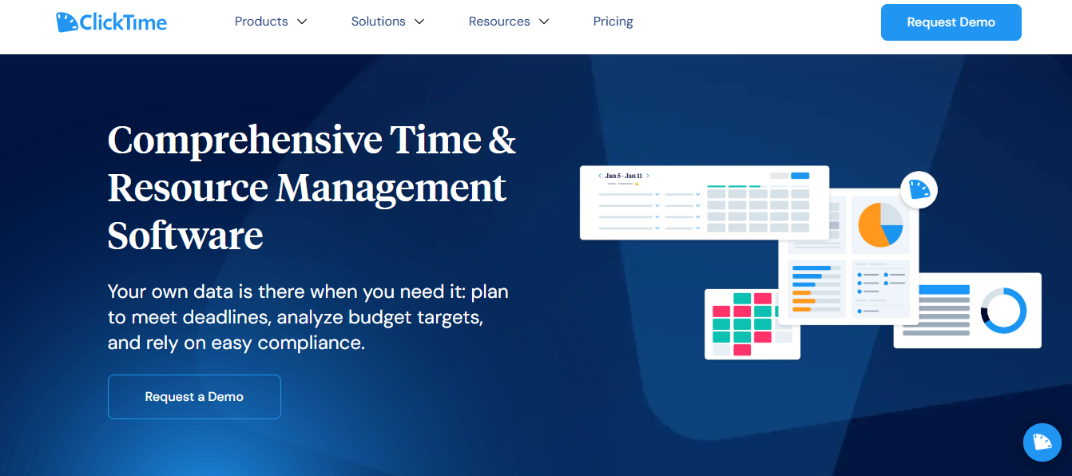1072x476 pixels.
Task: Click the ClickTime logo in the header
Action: point(112,22)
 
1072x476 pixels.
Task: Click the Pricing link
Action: point(613,22)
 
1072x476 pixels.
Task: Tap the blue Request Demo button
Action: point(951,22)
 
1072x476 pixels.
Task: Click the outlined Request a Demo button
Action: point(194,397)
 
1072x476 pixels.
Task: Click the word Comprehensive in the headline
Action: point(244,141)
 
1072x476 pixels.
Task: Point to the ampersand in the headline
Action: point(502,141)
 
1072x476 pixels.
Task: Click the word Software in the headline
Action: point(185,236)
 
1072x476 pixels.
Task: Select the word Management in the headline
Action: point(391,188)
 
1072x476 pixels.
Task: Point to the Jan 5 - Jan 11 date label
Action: point(624,176)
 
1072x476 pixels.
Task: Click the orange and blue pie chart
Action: point(880,224)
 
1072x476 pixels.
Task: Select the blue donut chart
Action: point(1003,311)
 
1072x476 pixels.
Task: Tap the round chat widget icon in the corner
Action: point(1042,442)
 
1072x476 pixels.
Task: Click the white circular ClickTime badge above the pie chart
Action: point(919,189)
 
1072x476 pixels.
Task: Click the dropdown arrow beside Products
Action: point(302,22)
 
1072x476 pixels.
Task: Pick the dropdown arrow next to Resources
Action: point(544,22)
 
